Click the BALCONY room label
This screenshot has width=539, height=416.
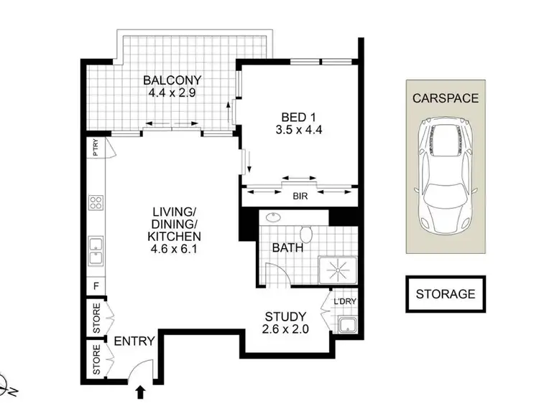[x=172, y=80]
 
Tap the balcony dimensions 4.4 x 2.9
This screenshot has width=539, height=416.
[x=172, y=93]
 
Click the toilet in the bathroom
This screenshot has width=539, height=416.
[x=308, y=234]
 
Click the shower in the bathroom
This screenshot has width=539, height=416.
[x=336, y=270]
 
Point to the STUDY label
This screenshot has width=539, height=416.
[x=285, y=316]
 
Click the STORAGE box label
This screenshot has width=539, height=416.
[x=445, y=293]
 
